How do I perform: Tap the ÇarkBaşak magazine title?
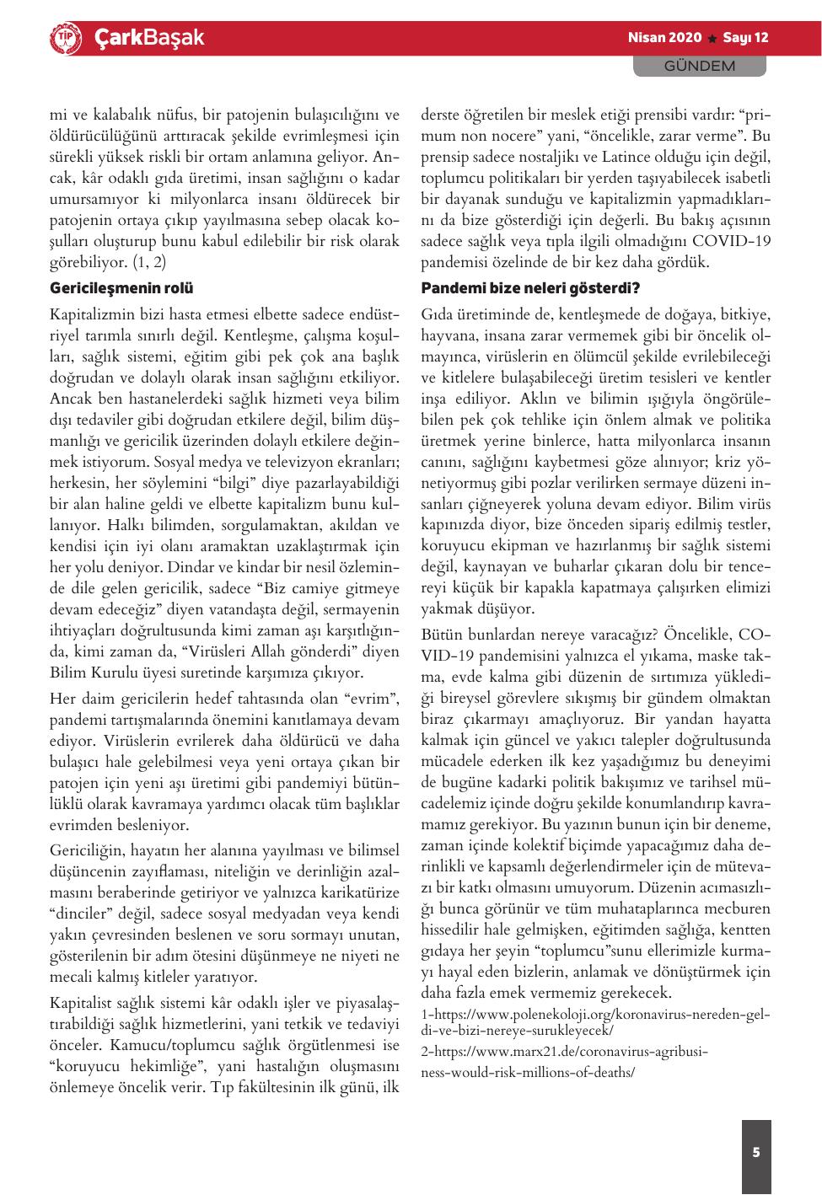tap(148, 38)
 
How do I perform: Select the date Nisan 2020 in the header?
tap(664, 38)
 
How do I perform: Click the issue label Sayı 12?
tap(746, 38)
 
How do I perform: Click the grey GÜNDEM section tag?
tap(700, 66)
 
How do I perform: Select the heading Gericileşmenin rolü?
tap(121, 288)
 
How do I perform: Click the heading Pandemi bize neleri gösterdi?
tap(530, 288)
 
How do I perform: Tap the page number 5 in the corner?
tap(756, 1152)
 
